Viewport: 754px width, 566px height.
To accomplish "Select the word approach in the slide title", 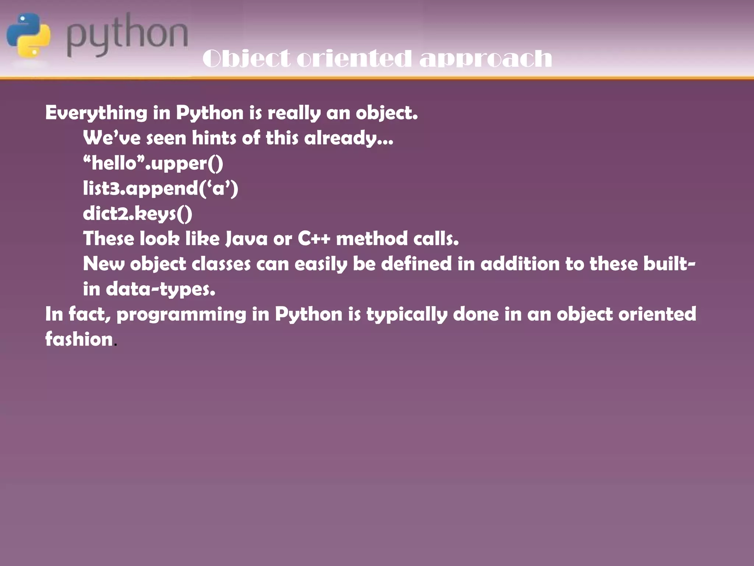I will (486, 59).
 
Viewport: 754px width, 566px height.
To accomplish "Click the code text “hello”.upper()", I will (153, 163).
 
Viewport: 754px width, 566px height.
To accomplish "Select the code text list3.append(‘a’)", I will (161, 188).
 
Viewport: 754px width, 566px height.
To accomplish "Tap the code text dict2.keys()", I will (137, 214).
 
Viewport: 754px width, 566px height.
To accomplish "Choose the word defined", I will (416, 264).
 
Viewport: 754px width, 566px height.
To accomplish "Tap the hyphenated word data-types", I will (161, 289).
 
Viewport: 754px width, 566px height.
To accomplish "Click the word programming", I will (181, 314).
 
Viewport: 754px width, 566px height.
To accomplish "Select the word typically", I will (406, 314).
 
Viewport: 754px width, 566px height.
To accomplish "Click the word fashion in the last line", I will (79, 339).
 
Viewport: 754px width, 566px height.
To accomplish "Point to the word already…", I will (348, 138).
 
